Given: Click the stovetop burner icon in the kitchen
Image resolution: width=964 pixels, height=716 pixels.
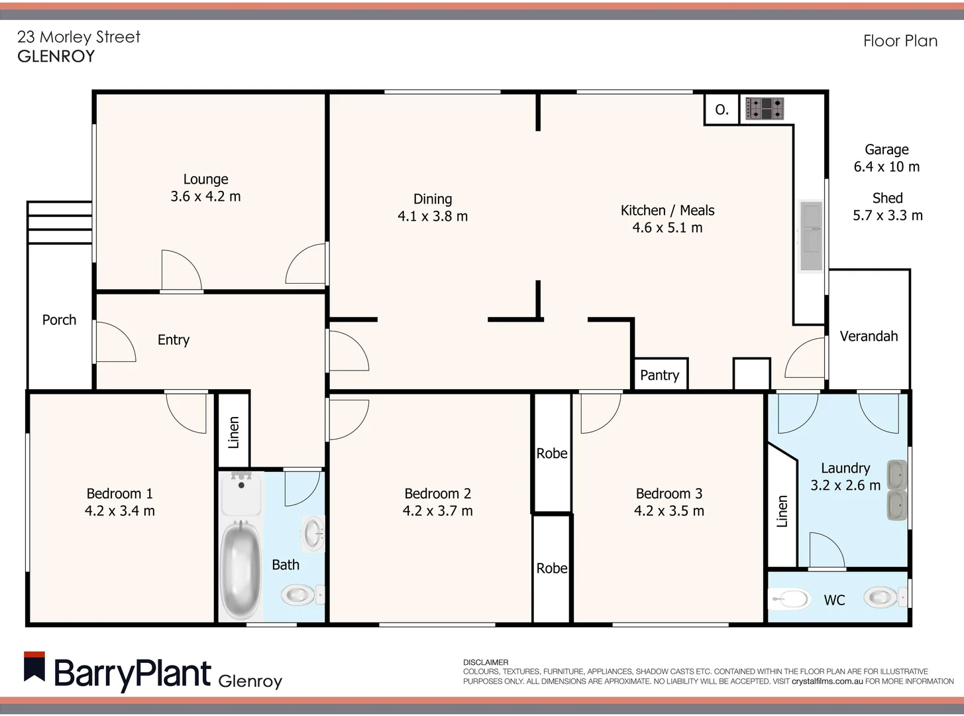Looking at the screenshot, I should [765, 108].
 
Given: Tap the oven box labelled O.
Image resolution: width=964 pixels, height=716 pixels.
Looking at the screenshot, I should [722, 109].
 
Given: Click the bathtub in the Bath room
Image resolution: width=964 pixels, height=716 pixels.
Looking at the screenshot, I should [240, 568].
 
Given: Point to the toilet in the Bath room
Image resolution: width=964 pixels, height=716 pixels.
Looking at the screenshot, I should [300, 595].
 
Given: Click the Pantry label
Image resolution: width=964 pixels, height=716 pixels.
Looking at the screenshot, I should [659, 375].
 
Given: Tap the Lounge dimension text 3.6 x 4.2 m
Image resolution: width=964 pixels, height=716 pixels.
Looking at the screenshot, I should [205, 196].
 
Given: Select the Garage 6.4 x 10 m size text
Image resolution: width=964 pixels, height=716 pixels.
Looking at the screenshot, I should [886, 166].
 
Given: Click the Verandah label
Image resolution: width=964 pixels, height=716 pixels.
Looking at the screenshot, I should [869, 336].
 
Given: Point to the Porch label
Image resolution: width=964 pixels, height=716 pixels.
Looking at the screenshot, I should [59, 320].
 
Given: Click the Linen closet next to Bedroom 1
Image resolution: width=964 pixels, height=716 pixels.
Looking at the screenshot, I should [233, 432].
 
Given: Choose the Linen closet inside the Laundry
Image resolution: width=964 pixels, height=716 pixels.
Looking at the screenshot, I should [782, 511].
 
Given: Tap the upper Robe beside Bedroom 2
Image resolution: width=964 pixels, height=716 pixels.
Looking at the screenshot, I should [552, 453].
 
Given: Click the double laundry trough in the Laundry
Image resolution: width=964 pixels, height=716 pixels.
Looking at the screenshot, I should [896, 489].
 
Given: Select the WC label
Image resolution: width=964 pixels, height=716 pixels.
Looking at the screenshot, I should [834, 600].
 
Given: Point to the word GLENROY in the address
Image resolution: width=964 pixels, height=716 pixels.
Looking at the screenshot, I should [56, 56].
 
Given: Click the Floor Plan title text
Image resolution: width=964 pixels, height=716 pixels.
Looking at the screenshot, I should [900, 41].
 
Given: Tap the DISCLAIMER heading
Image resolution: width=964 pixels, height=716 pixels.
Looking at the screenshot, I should [486, 662].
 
